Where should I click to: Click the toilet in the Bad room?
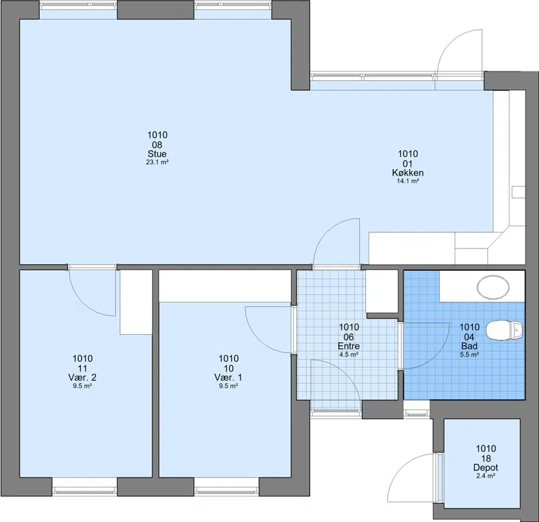tap(505, 330)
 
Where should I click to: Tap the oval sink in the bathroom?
tap(493, 286)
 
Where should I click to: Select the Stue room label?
tap(157, 154)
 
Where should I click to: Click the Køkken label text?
tap(408, 172)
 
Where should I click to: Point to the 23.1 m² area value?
tap(157, 162)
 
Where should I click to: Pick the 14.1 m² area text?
tap(408, 181)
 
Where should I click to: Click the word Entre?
tap(349, 346)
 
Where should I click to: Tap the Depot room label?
tap(486, 467)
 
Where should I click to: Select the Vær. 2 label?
tap(82, 377)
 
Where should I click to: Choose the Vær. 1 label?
tap(228, 377)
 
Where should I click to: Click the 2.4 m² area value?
tap(486, 476)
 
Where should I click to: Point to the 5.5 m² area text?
tap(470, 355)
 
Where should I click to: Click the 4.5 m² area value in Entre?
tap(349, 355)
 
